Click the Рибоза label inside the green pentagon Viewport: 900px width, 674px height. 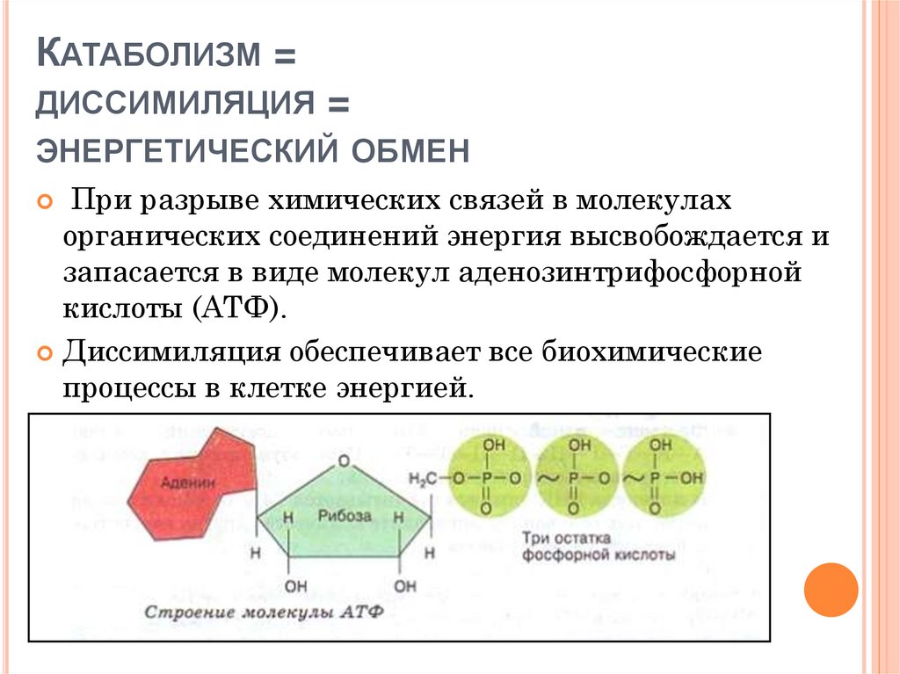(x=344, y=516)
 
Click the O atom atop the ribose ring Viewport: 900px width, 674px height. (x=344, y=460)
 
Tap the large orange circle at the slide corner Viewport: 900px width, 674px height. (x=830, y=590)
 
